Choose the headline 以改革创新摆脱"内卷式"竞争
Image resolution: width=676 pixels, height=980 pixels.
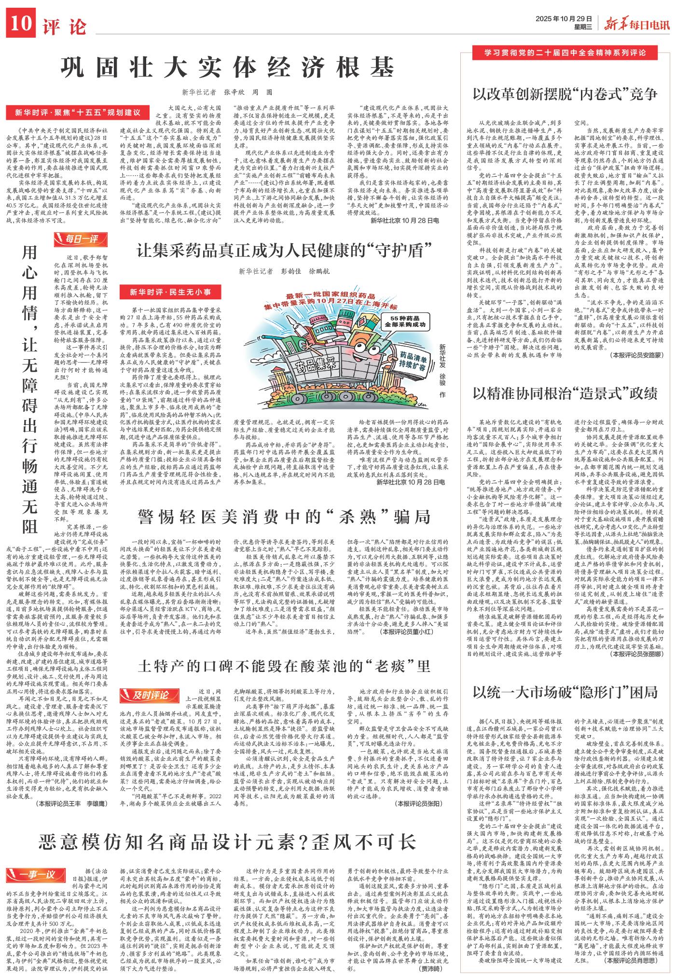tap(565, 93)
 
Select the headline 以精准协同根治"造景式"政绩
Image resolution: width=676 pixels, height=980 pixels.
tap(565, 392)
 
